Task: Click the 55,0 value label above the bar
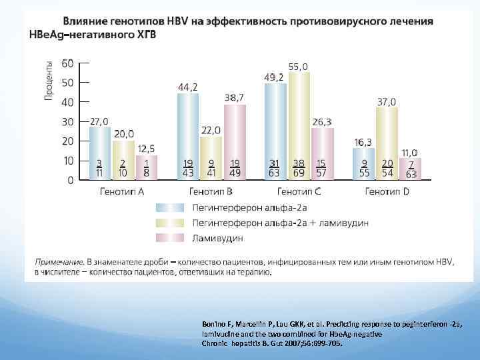(298, 67)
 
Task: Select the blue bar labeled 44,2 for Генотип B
(188, 136)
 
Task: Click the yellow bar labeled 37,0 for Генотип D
(387, 143)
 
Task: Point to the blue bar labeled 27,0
(99, 153)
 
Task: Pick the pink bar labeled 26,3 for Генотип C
(322, 153)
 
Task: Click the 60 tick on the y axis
(67, 63)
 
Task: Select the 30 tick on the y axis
(67, 122)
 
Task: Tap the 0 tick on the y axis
(70, 180)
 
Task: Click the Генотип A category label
(122, 192)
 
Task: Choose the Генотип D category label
(387, 192)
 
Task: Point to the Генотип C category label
(298, 192)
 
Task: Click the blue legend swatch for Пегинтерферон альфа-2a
(169, 207)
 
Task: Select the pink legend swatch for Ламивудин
(169, 237)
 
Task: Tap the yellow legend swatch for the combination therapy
(169, 223)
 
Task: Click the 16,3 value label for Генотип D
(363, 142)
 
